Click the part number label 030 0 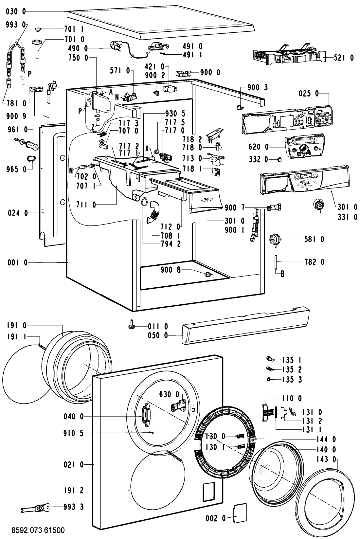[16, 11]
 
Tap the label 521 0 [344, 58]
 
